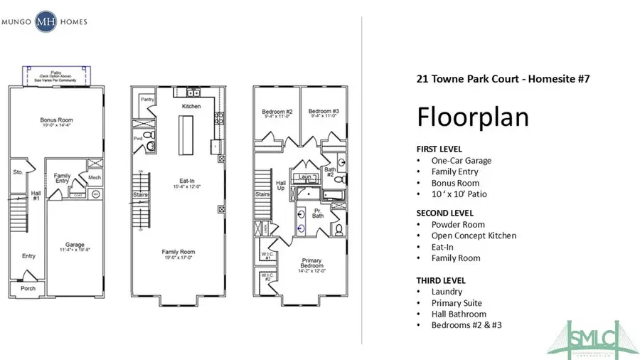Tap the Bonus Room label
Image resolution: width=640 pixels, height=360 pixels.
coord(57,120)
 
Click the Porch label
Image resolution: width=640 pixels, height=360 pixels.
coord(26,288)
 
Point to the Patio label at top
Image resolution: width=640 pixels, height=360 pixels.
coord(56,72)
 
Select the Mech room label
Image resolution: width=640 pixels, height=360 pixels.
coord(94,177)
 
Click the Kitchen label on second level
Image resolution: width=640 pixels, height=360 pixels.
coord(191,106)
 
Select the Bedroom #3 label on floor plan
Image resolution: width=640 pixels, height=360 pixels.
coord(322,112)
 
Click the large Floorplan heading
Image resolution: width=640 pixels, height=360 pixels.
coord(472,116)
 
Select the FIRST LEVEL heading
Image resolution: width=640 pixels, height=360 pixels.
coord(439,149)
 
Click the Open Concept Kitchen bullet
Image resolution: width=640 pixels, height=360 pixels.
coord(474,235)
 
